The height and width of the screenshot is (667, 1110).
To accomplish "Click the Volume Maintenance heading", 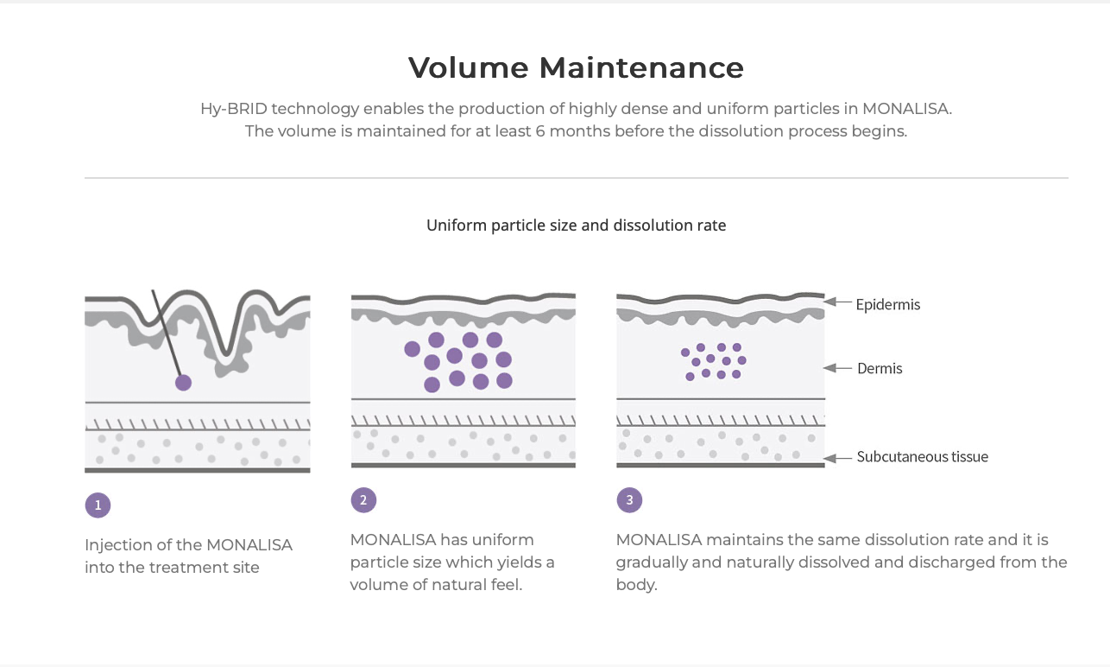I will tap(576, 67).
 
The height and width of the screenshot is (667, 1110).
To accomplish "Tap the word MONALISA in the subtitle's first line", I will tap(905, 109).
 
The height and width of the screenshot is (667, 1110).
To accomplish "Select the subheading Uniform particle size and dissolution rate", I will tap(576, 226).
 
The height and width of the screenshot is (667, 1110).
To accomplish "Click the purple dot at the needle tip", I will tap(183, 382).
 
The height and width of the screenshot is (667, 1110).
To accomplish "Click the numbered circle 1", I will tap(98, 505).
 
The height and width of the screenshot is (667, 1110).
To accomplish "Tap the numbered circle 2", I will tap(363, 499).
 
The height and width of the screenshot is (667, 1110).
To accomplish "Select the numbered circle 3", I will tap(629, 499).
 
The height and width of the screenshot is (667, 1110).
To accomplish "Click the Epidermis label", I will tap(887, 304).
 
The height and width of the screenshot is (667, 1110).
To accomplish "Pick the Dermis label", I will tap(880, 368).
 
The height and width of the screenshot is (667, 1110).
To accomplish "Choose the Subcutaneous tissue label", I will tap(922, 456).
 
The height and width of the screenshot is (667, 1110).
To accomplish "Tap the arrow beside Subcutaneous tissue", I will tap(838, 456).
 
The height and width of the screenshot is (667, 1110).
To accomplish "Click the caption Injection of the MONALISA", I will tap(188, 545).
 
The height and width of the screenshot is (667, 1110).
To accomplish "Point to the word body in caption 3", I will tap(636, 585).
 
